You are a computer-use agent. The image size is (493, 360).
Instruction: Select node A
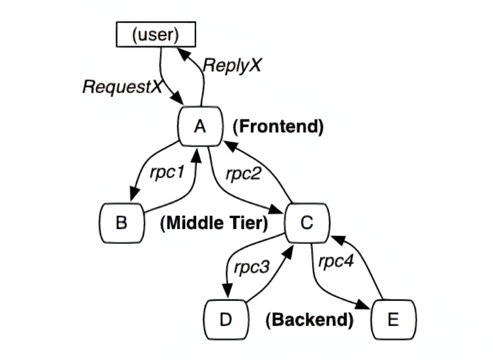[200, 127]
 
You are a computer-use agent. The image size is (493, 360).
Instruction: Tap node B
[122, 223]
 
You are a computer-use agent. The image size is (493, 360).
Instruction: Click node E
[393, 320]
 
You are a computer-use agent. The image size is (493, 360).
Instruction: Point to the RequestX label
[122, 87]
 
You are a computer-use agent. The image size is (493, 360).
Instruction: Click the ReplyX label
[232, 65]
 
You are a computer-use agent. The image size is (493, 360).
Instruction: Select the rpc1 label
[167, 172]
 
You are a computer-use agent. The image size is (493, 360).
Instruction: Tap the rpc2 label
[243, 174]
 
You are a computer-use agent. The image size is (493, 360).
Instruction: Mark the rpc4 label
[336, 262]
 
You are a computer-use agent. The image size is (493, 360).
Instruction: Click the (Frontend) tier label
[278, 127]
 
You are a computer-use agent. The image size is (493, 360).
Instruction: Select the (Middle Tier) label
[213, 224]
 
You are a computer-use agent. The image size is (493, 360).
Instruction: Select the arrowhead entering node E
[363, 307]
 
